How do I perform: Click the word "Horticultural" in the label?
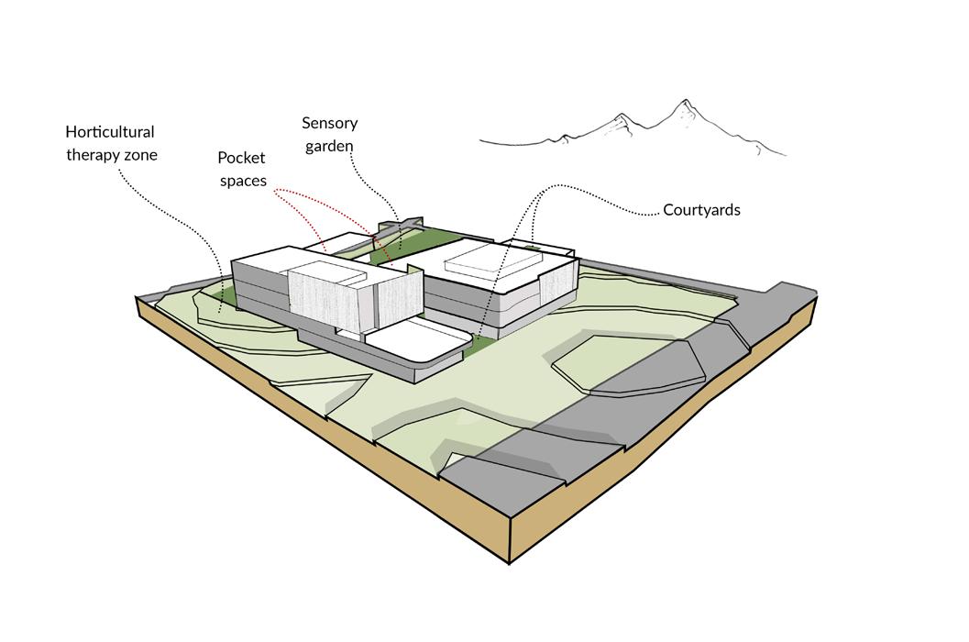(109, 133)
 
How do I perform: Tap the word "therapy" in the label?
(93, 155)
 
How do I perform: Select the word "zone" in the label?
(139, 155)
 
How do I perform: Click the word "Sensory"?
(329, 123)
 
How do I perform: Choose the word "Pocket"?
(242, 158)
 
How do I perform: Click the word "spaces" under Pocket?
(242, 180)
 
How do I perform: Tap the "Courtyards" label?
(702, 210)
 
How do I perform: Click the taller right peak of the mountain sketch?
(683, 102)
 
